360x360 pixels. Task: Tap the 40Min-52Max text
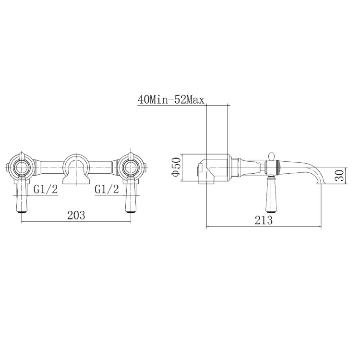171,99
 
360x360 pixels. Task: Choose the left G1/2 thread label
46,190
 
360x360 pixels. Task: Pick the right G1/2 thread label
107,190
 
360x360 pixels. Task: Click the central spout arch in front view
76,166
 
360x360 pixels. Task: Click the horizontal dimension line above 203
76,222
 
